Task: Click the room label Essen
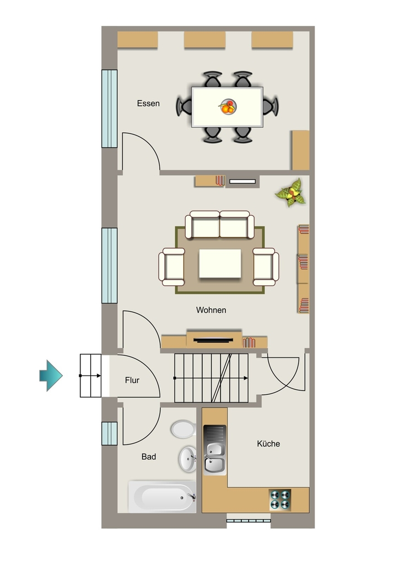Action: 148,104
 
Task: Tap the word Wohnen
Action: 211,310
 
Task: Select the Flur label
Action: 132,380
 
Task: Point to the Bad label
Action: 149,457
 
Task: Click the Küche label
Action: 268,443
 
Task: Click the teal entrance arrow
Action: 51,376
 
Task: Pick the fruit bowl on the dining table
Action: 228,107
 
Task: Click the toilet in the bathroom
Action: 184,429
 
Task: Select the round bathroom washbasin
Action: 188,459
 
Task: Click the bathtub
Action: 162,497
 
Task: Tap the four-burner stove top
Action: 281,500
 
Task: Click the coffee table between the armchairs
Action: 220,264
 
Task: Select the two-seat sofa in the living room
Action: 220,225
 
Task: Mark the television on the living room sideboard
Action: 213,340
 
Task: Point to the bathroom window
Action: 109,434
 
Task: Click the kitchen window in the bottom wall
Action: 249,520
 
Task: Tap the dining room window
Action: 109,109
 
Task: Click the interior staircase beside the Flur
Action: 211,378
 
